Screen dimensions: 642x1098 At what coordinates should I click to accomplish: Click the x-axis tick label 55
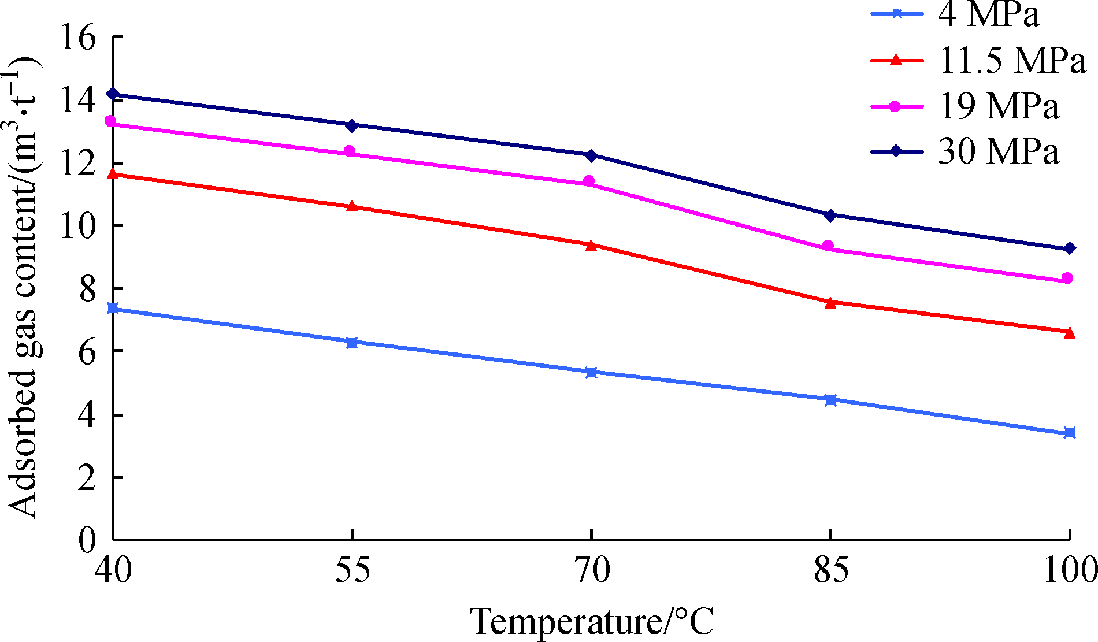pyautogui.click(x=352, y=571)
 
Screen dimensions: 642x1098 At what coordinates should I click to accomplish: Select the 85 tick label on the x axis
pyautogui.click(x=830, y=571)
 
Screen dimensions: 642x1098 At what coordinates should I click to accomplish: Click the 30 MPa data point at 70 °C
pyautogui.click(x=591, y=155)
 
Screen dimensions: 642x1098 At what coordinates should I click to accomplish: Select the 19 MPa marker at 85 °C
pyautogui.click(x=828, y=246)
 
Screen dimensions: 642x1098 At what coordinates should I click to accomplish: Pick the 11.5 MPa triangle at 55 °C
pyautogui.click(x=351, y=206)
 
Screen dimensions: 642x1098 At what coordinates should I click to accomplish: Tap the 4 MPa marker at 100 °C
pyautogui.click(x=1070, y=433)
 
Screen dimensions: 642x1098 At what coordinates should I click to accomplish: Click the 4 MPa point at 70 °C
pyautogui.click(x=591, y=373)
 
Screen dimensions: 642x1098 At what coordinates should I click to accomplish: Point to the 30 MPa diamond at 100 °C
pyautogui.click(x=1070, y=248)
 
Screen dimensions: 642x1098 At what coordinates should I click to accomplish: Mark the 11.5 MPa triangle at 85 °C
pyautogui.click(x=830, y=302)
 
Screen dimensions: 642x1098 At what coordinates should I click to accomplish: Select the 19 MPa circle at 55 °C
pyautogui.click(x=350, y=151)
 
